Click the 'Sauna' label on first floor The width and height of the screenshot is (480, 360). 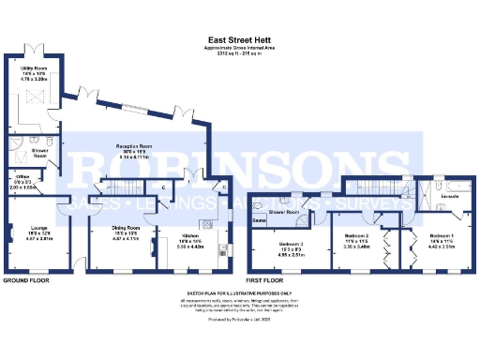click(x=258, y=221)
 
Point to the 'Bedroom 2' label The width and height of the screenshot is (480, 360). click(x=359, y=235)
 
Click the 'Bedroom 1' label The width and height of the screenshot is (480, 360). click(x=442, y=235)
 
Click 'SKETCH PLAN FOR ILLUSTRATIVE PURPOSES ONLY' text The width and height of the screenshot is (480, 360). click(x=239, y=292)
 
